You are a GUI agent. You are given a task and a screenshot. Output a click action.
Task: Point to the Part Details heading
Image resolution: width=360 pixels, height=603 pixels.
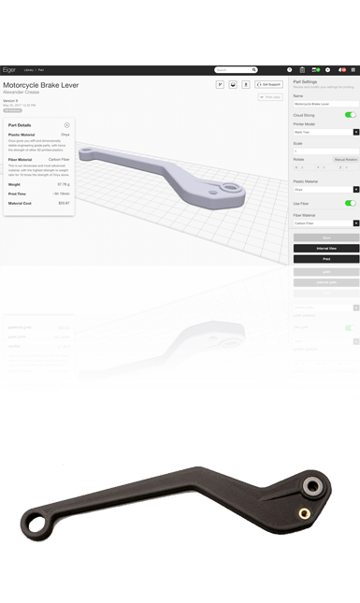[20, 124]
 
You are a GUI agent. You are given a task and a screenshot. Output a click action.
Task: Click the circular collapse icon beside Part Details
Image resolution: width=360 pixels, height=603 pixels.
[66, 124]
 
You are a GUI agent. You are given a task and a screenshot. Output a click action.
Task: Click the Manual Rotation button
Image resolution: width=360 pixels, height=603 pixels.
[345, 160]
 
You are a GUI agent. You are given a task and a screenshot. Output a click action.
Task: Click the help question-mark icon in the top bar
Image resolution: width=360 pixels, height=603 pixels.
[290, 69]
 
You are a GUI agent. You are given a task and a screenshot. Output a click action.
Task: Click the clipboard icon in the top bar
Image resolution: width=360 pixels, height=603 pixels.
[319, 69]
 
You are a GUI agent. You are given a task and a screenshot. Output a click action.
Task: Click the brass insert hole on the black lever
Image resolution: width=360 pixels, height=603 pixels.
[302, 511]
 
